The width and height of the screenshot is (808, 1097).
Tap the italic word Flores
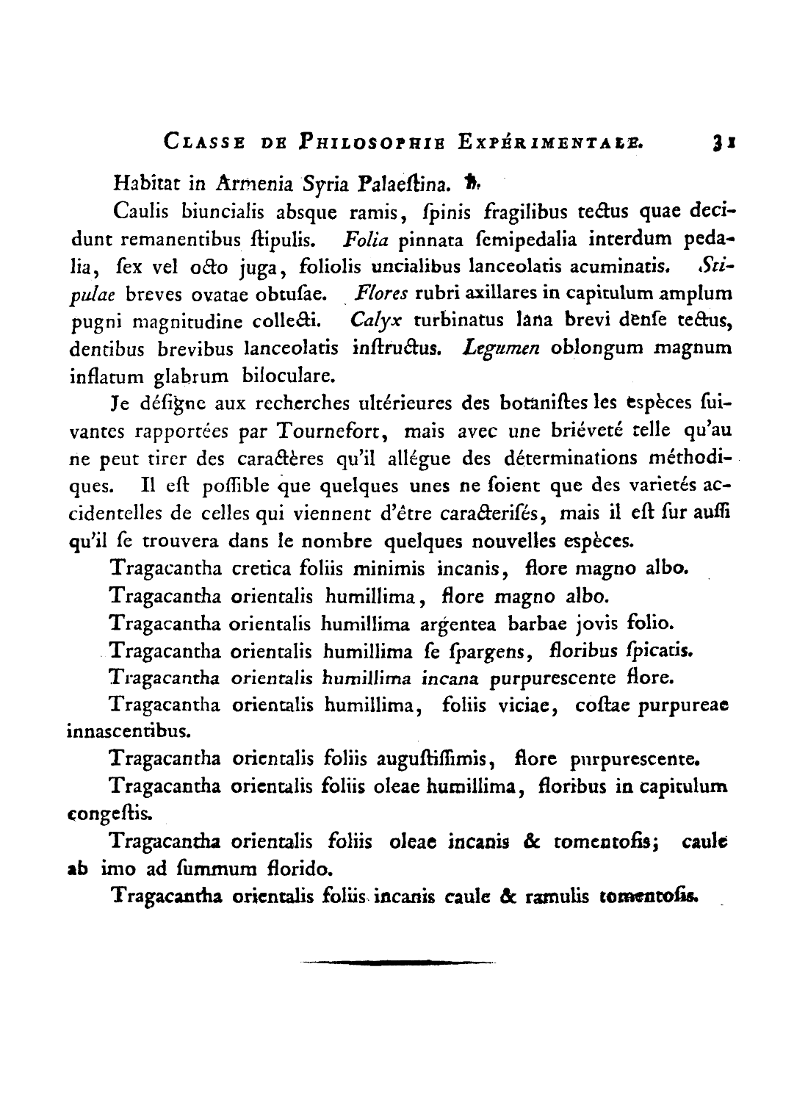pos(380,294)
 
